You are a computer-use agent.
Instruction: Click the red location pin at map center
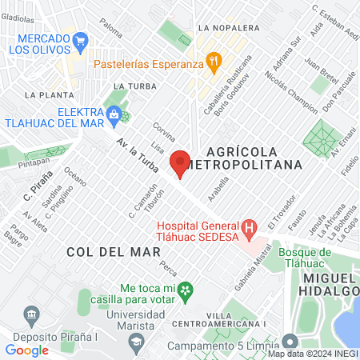(x=180, y=162)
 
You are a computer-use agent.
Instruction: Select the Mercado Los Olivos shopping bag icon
(x=79, y=38)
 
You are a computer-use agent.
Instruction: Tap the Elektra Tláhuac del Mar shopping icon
(x=114, y=115)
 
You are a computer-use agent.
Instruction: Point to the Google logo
(x=27, y=350)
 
